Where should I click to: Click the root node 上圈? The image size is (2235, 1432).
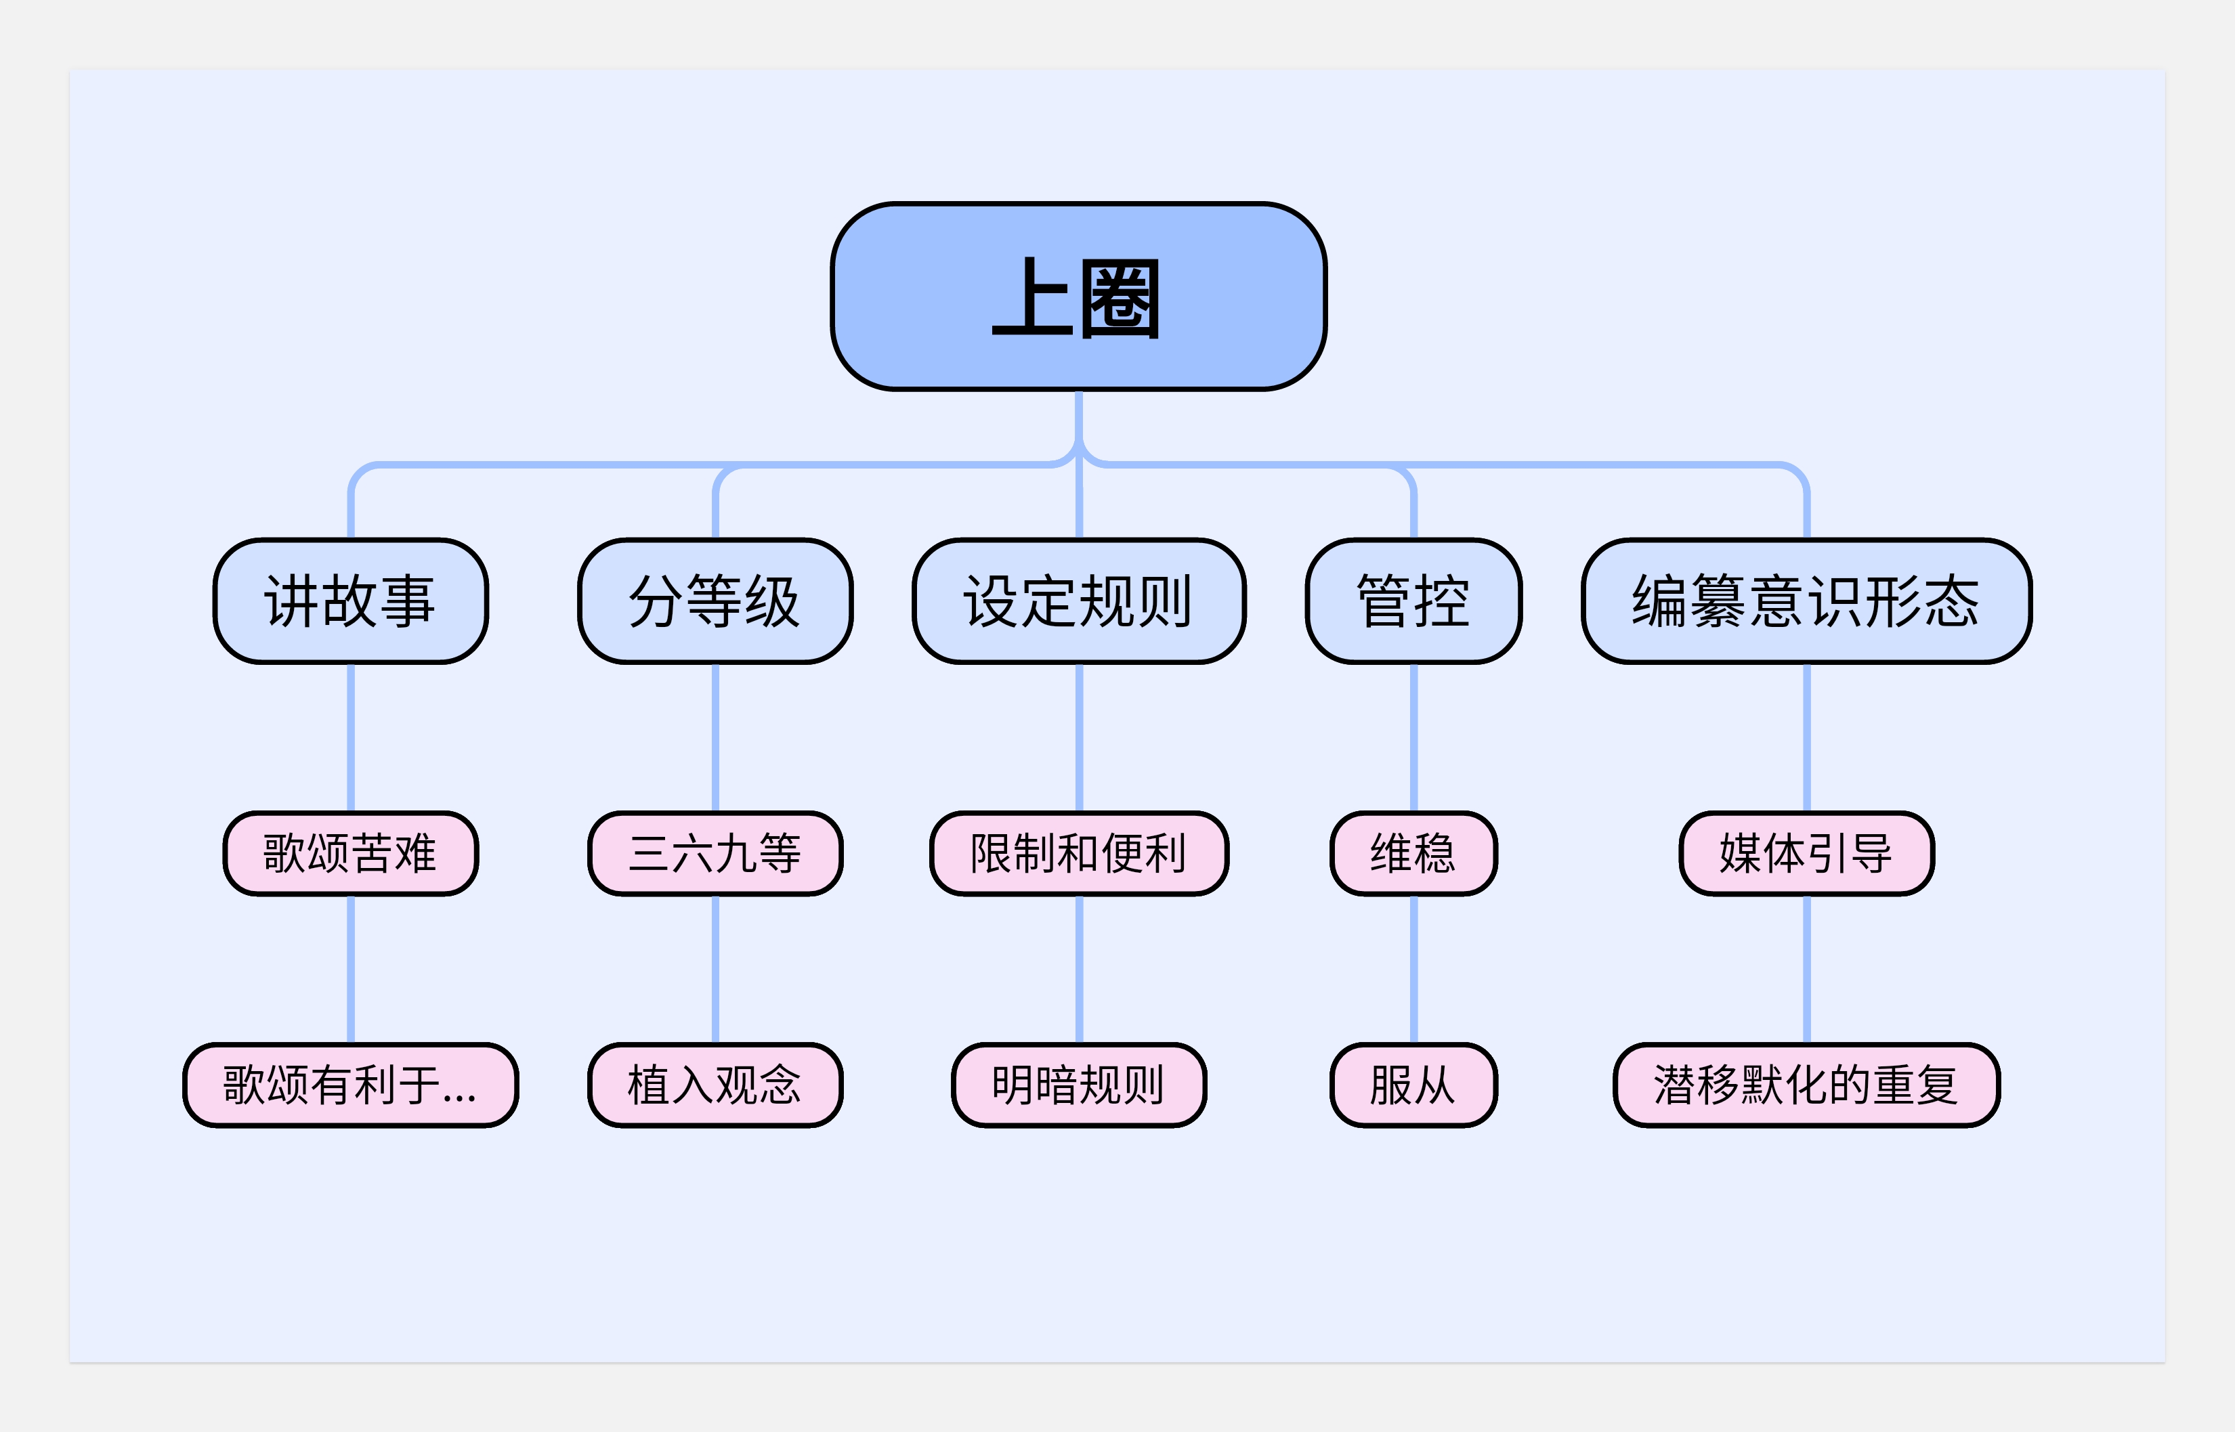(x=1078, y=296)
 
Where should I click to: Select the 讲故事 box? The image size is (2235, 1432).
(x=351, y=601)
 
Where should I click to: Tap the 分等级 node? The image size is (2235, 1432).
(x=715, y=601)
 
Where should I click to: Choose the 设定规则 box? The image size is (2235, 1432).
(x=1079, y=601)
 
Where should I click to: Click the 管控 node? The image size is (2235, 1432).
(x=1413, y=601)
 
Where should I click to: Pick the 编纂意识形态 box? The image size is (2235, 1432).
(x=1806, y=601)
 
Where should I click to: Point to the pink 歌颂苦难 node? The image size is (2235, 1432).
(x=351, y=852)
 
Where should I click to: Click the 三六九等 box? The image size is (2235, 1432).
(x=715, y=852)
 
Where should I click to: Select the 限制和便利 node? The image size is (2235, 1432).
(x=1079, y=852)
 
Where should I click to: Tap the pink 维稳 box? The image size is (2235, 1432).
(x=1413, y=852)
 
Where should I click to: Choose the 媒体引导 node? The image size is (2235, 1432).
(x=1806, y=852)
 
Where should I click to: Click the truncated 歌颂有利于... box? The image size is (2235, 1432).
(x=351, y=1084)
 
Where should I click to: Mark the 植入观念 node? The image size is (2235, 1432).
(x=715, y=1084)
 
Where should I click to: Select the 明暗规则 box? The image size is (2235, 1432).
(x=1079, y=1084)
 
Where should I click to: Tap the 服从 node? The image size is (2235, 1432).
(x=1413, y=1084)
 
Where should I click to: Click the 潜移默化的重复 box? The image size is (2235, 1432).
(x=1806, y=1084)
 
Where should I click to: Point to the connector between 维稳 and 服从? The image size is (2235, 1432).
(x=1413, y=969)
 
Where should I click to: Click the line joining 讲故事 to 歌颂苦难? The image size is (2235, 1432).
(x=351, y=737)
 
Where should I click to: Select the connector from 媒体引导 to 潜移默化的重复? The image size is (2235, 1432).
(x=1806, y=969)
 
